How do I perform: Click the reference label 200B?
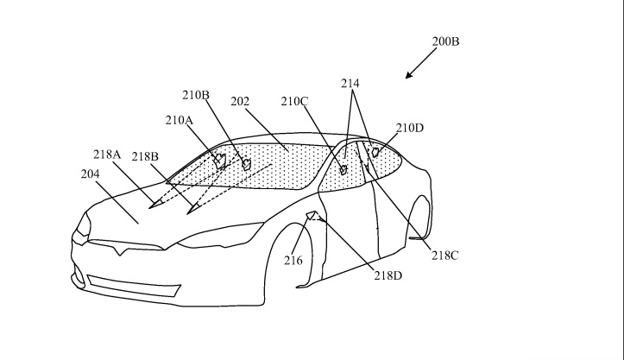point(445,41)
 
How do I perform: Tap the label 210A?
point(179,120)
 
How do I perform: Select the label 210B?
point(196,95)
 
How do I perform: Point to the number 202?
point(240,102)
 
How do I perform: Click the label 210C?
point(294,102)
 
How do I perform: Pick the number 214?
point(350,83)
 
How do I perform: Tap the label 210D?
point(409,128)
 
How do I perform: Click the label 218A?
point(107,155)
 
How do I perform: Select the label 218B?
point(145,156)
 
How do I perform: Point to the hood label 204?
point(90,174)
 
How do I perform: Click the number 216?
point(293,261)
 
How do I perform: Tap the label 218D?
point(388,275)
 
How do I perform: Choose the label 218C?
point(445,256)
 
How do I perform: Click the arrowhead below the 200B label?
point(409,75)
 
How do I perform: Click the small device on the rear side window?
point(375,152)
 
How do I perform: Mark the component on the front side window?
point(343,170)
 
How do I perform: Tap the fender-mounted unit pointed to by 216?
point(311,215)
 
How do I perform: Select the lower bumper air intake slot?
point(134,286)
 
